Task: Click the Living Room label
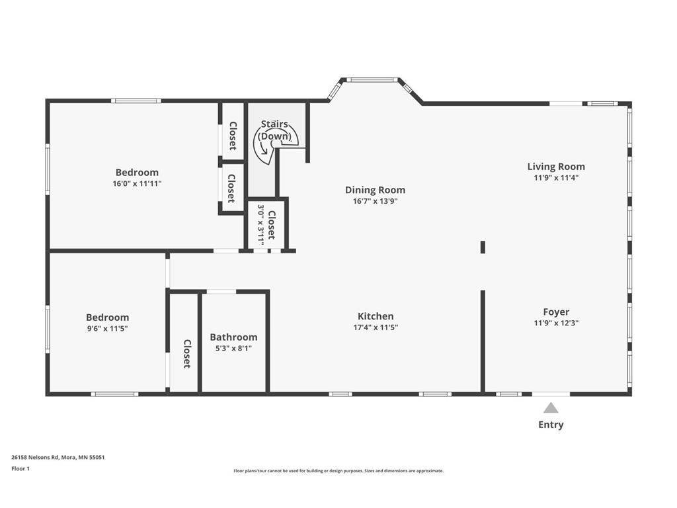(556, 166)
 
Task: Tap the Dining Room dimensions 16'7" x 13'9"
(376, 201)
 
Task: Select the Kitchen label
(376, 316)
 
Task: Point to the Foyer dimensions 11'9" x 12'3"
(556, 323)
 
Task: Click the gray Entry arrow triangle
(551, 407)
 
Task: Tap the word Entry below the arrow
(551, 425)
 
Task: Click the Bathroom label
(233, 337)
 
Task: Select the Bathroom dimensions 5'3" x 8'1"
(233, 348)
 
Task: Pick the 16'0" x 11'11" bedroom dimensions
(138, 183)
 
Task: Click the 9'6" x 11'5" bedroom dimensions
(108, 328)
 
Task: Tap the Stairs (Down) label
(274, 130)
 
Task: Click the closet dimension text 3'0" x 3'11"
(261, 224)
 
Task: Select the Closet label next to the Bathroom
(187, 354)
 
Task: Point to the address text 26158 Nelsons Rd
(36, 457)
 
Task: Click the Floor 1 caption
(20, 468)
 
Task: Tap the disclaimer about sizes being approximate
(338, 471)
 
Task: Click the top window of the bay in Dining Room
(372, 79)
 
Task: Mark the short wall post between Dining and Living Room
(483, 247)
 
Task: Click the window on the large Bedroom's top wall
(136, 101)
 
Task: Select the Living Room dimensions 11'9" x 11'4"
(556, 177)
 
